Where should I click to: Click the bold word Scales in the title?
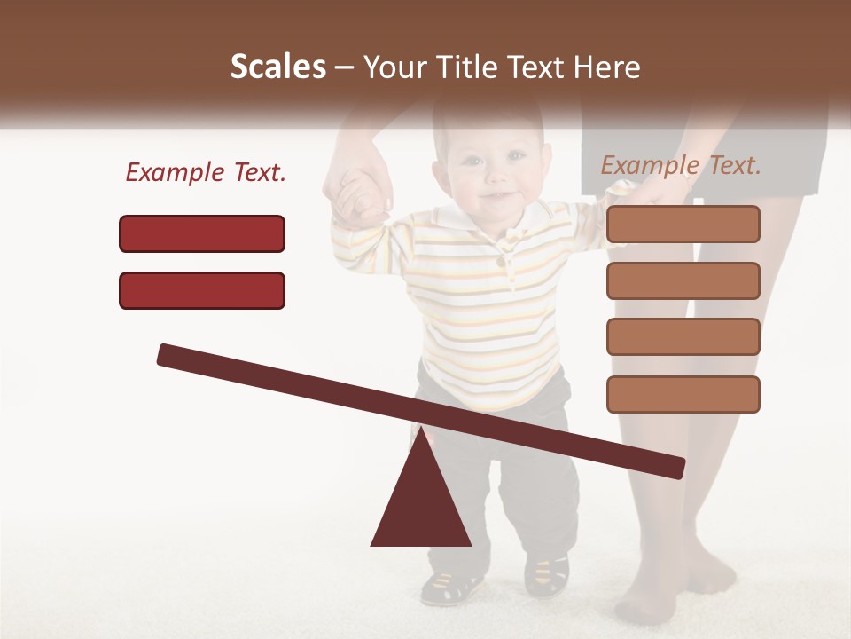[277, 67]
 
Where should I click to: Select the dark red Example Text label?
[206, 173]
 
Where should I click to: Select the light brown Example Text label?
[681, 165]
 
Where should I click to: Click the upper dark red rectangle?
[202, 233]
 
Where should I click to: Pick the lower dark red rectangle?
[202, 290]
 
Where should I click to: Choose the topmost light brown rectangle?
[683, 224]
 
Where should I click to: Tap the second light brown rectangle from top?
[683, 280]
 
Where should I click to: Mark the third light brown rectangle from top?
[683, 337]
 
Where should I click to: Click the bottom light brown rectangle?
[683, 394]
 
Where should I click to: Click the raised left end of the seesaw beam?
[168, 355]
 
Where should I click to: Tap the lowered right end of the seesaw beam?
[674, 468]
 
